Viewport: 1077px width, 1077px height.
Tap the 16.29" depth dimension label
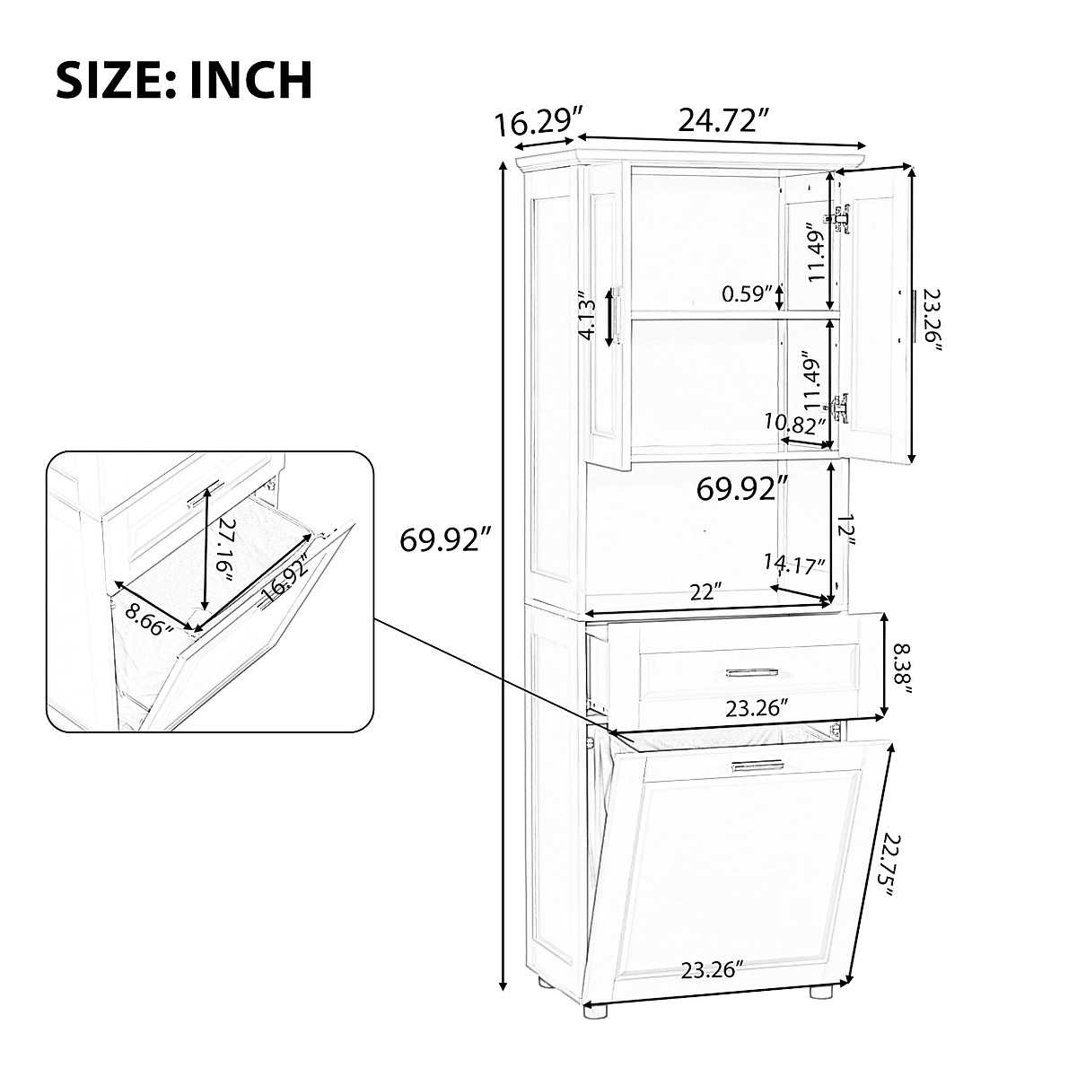click(x=539, y=122)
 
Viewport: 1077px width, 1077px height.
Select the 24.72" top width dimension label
click(x=725, y=119)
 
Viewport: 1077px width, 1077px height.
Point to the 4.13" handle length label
click(x=588, y=315)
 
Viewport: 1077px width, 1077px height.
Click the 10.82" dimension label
click(x=794, y=423)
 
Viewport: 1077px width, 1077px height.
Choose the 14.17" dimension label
click(x=794, y=565)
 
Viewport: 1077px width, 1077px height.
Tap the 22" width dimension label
click(x=706, y=592)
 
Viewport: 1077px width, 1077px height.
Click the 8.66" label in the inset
click(x=149, y=619)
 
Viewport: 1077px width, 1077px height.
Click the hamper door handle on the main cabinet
click(x=757, y=766)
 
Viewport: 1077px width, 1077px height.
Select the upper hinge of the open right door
click(x=841, y=220)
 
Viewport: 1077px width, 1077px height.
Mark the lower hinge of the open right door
click(x=841, y=408)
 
